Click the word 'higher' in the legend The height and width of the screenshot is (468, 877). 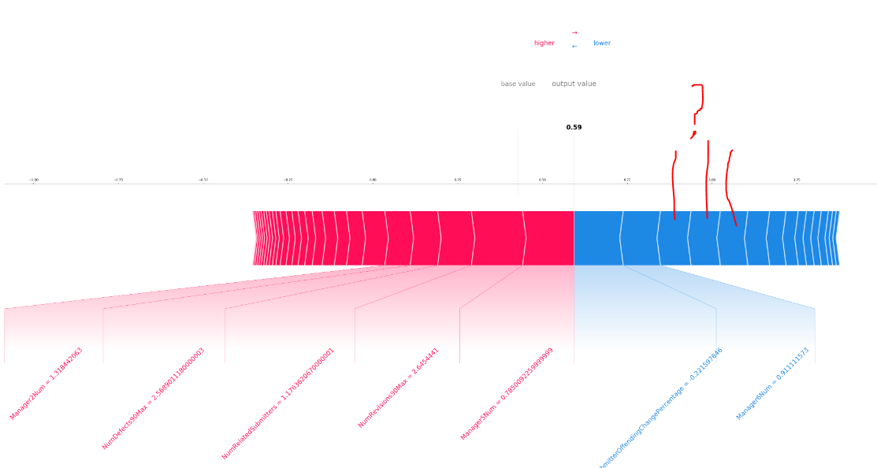544,43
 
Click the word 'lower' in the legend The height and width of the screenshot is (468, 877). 601,43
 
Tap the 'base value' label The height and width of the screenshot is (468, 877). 518,84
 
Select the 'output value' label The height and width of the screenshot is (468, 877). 574,84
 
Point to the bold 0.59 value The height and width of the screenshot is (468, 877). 574,128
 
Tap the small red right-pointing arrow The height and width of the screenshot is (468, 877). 574,33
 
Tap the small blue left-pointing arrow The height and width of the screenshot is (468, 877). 574,46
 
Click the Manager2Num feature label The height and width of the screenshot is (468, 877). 46,384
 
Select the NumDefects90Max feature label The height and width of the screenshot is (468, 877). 153,399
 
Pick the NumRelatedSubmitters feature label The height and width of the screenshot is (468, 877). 277,403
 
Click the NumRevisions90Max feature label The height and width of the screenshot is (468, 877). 398,388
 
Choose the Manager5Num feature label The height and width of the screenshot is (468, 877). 507,394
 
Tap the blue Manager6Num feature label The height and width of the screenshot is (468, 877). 772,384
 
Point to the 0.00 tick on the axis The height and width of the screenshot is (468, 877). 373,180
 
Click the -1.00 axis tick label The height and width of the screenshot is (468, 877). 33,180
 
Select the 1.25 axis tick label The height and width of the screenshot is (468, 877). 797,180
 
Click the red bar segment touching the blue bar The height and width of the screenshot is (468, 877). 549,238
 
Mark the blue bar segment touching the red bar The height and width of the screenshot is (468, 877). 597,238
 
